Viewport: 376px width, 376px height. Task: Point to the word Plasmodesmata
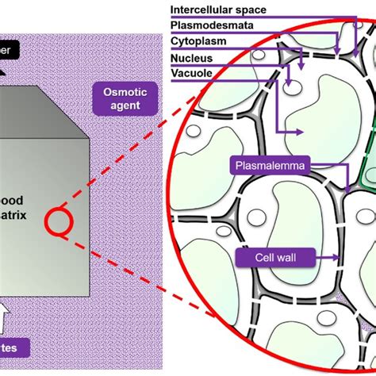[x=211, y=23]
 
